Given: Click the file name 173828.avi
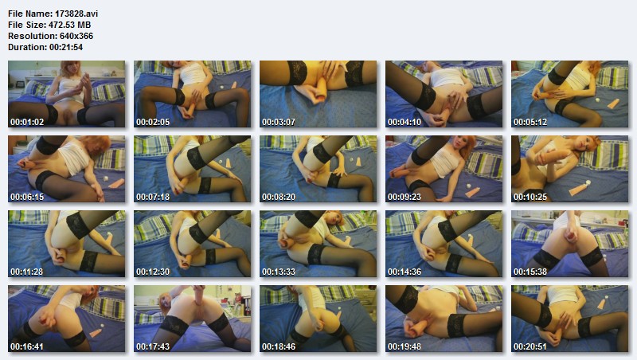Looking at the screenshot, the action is (76, 14).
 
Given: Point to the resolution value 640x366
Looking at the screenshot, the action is (76, 36).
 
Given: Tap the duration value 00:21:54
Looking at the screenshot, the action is (66, 47).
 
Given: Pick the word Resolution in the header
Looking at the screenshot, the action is (33, 36).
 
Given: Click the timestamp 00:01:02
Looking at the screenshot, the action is (27, 122).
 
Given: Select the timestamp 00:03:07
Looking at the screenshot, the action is (279, 122).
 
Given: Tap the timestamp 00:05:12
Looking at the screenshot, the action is (530, 122).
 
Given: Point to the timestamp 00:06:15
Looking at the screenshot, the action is (27, 197).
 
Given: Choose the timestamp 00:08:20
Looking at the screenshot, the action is (279, 197).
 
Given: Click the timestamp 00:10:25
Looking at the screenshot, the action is (530, 197).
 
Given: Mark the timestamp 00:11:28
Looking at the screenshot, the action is (27, 272).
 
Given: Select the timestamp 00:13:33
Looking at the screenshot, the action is (279, 272).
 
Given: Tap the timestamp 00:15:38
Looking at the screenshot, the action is (530, 272).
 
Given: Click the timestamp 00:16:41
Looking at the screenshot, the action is (27, 346).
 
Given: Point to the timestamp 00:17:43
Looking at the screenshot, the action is (153, 346).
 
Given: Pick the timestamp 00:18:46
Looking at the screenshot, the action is (279, 346).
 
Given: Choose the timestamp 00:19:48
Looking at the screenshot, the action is (404, 346).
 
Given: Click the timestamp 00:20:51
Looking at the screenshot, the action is (530, 346).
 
